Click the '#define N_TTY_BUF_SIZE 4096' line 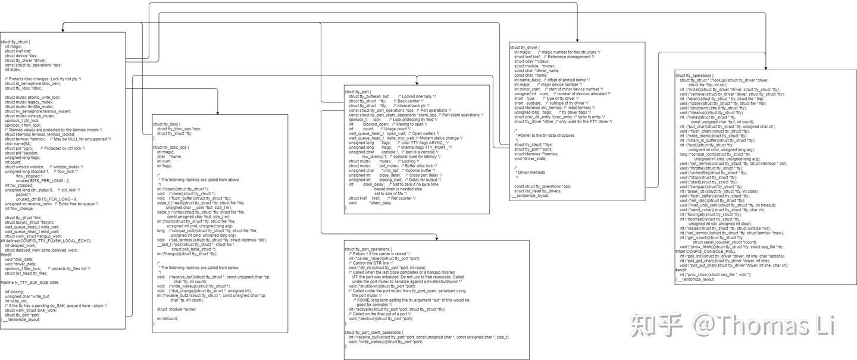(x=30, y=283)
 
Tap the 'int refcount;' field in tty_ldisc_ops (x=167, y=318)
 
